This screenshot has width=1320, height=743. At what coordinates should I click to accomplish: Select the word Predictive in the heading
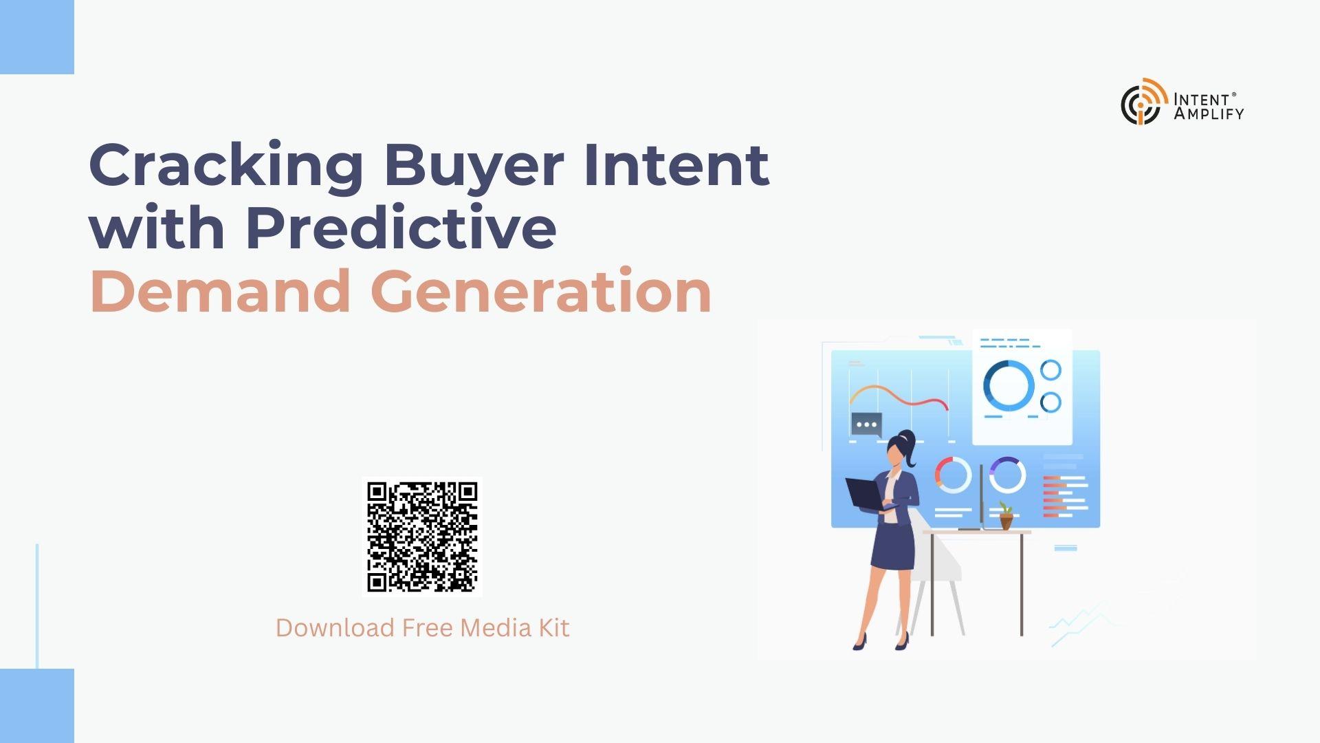(401, 227)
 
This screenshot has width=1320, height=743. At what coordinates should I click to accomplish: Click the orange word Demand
(221, 292)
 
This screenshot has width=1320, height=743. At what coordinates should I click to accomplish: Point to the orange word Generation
(541, 292)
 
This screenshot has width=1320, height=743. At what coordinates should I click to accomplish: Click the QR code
(422, 537)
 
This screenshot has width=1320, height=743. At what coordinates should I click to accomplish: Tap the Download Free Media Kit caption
(422, 627)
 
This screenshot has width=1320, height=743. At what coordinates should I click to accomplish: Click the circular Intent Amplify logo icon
(1143, 101)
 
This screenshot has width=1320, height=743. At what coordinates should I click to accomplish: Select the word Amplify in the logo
(1209, 114)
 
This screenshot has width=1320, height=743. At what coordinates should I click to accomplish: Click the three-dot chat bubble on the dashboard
(866, 424)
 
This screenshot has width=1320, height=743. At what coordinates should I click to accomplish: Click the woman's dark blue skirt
(893, 546)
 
